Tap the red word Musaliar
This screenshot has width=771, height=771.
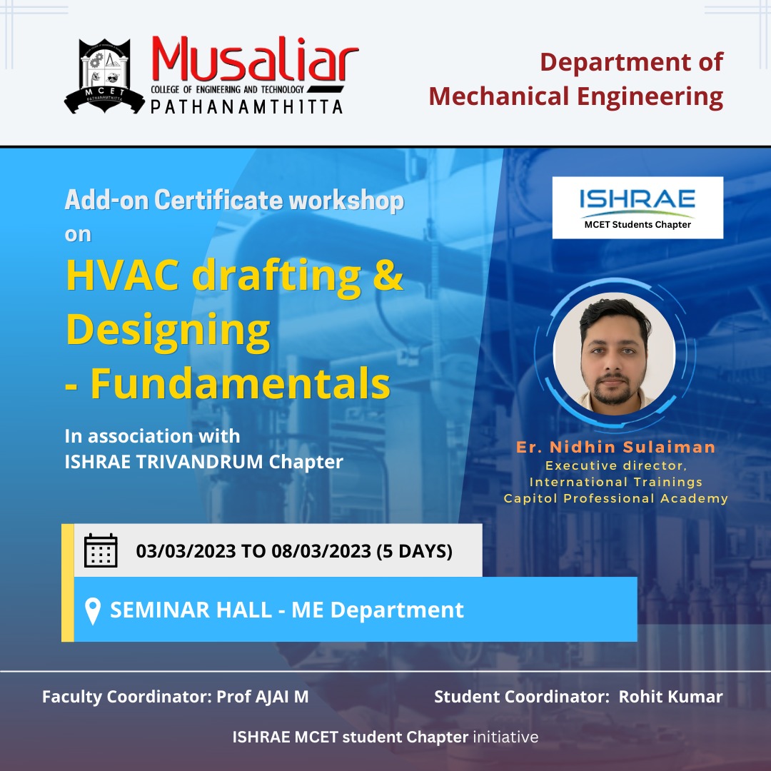pos(254,62)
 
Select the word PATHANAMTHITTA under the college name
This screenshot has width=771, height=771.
pos(246,106)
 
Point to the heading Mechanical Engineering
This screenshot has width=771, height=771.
pos(576,96)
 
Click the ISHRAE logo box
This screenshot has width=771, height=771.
pos(638,207)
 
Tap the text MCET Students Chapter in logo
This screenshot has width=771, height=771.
pos(638,225)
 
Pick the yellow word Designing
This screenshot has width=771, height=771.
pos(168,329)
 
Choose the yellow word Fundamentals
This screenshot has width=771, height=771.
pos(240,384)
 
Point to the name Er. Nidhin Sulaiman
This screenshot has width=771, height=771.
pos(615,447)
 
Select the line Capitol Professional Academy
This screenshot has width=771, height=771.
pos(615,498)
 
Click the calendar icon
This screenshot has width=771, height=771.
pos(101,550)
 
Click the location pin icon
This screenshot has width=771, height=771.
pos(92,611)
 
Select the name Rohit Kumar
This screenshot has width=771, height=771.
pos(670,697)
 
